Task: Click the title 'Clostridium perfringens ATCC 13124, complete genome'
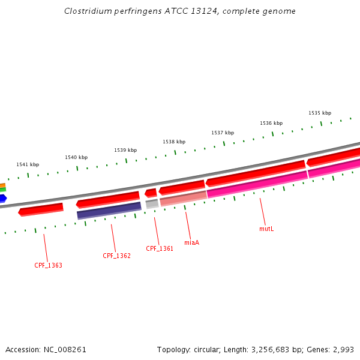point(179,11)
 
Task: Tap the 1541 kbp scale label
point(28,164)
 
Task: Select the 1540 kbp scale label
point(76,157)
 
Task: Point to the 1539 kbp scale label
point(125,150)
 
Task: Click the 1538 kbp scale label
point(174,142)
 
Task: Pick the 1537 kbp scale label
point(223,133)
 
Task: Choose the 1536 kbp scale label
point(271,123)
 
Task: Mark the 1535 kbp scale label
point(320,113)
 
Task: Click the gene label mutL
point(266,229)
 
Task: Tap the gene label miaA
point(191,242)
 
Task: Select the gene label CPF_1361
point(160,248)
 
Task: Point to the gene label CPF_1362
point(116,256)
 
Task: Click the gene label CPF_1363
point(48,265)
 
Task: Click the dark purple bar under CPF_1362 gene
point(109,211)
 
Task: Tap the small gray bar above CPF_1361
point(152,204)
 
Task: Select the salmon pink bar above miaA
point(183,199)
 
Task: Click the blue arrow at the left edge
point(3,198)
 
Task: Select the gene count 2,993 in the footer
point(344,349)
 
